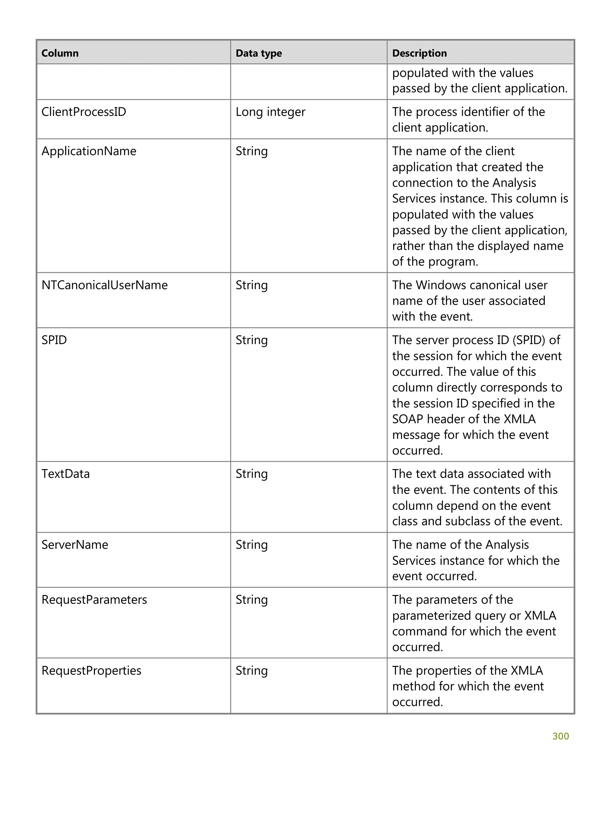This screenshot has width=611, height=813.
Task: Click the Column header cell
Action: (60, 53)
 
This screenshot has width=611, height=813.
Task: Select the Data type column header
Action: (258, 53)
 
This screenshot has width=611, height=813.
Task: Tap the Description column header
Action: (419, 53)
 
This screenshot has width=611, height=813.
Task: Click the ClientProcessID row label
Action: (84, 112)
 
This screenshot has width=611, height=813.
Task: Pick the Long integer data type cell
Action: (270, 112)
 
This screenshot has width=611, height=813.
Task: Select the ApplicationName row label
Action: (89, 151)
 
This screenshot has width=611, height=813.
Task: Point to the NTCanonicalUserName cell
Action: (104, 285)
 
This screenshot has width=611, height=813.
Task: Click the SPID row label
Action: (54, 340)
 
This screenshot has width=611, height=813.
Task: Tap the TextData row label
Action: (65, 474)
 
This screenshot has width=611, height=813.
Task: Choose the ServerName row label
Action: (75, 545)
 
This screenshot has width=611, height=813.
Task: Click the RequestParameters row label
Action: (94, 600)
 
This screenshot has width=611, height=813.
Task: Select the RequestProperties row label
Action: (91, 670)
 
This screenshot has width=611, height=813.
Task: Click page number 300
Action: (560, 736)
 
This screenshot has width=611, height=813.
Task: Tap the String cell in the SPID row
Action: (252, 340)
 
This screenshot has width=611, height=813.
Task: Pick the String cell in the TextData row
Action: (252, 474)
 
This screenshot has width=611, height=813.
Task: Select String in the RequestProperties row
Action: (252, 670)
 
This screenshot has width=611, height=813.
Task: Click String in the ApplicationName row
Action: (252, 151)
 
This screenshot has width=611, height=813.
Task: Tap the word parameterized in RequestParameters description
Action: (426, 616)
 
